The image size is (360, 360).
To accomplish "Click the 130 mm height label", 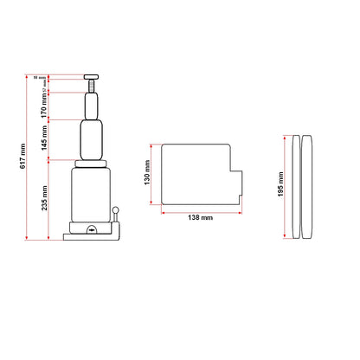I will pyautogui.click(x=147, y=177).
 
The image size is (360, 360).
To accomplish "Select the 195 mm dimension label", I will pyautogui.click(x=280, y=189).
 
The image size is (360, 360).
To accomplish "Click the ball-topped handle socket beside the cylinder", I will pyautogui.click(x=116, y=213).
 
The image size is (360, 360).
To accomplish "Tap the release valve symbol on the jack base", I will pyautogui.click(x=92, y=231).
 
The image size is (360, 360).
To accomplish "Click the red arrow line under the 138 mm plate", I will pyautogui.click(x=201, y=210).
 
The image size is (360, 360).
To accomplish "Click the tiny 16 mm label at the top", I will pyautogui.click(x=37, y=77).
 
